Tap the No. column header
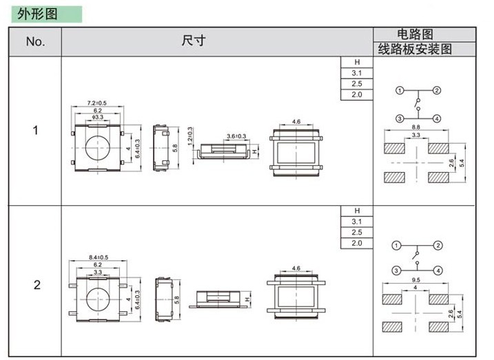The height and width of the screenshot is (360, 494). point(35,41)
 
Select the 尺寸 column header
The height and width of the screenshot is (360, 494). point(194,41)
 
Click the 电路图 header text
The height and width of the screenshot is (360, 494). point(415,34)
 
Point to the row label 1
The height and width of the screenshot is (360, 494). point(36,130)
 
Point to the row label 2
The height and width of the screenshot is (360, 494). point(37,285)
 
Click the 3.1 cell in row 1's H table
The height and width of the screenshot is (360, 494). point(357,73)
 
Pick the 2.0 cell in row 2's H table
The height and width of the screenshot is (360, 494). point(357,243)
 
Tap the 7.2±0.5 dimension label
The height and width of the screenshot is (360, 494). point(96,103)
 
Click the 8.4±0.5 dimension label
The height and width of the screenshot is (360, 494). point(99,257)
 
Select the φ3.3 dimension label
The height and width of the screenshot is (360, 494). point(98,117)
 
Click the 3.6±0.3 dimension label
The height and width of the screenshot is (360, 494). point(236,136)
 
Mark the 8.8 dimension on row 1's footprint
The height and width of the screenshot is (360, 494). point(416,127)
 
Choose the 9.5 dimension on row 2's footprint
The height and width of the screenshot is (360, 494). point(416,279)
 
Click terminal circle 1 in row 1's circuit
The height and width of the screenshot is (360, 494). point(400,91)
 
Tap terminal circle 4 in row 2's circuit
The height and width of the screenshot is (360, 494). point(438,271)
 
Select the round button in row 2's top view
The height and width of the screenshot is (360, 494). point(98,299)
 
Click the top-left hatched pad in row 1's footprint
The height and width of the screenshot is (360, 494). point(395,148)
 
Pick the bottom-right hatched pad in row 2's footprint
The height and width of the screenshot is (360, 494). point(439,327)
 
